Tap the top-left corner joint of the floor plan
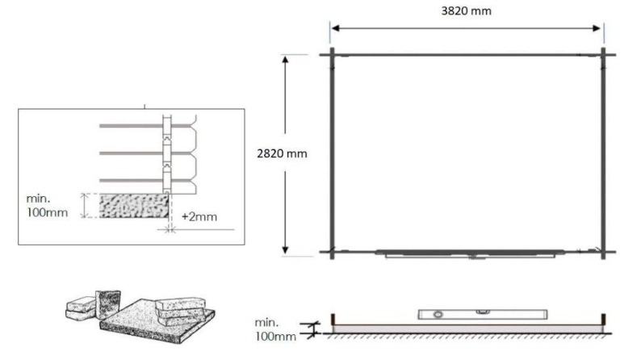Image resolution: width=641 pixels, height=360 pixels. point(331,55)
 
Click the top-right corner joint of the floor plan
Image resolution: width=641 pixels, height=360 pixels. point(603,55)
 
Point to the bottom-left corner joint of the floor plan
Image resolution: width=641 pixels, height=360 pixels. point(331,252)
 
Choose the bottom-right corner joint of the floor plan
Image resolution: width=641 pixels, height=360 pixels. point(603,252)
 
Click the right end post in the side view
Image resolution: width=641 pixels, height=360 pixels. point(603,321)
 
